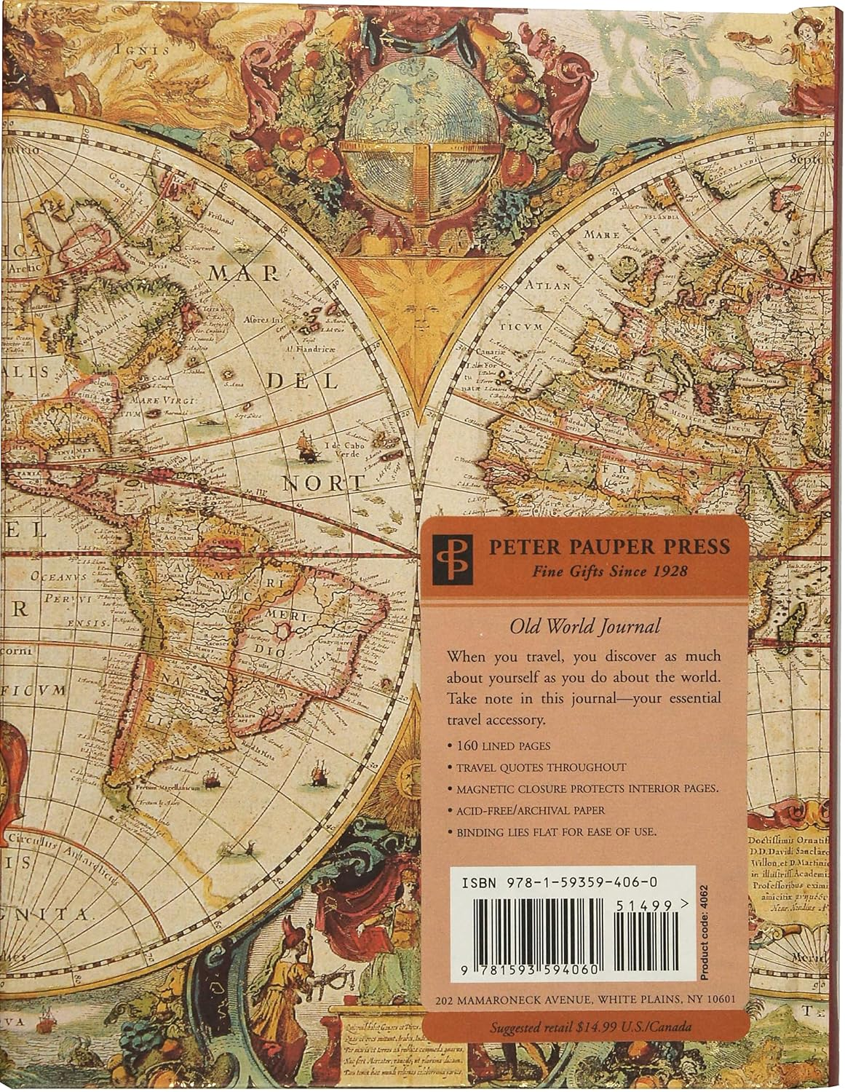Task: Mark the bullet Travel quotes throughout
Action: tap(541, 767)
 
